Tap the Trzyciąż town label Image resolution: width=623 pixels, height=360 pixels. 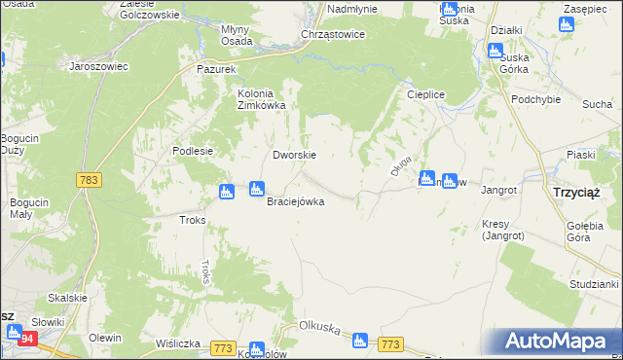pyautogui.click(x=575, y=193)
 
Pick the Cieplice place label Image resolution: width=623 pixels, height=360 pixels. pyautogui.click(x=424, y=95)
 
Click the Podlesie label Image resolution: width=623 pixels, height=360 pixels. pyautogui.click(x=192, y=151)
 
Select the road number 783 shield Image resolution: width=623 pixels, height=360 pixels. pyautogui.click(x=89, y=180)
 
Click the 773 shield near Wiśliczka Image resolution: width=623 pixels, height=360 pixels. pyautogui.click(x=223, y=347)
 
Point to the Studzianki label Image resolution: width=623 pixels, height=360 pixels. pyautogui.click(x=596, y=284)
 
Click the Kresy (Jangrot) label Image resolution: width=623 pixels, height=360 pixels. pyautogui.click(x=502, y=230)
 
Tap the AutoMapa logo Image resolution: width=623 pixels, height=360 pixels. pyautogui.click(x=561, y=342)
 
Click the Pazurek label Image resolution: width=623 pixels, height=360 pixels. pyautogui.click(x=216, y=71)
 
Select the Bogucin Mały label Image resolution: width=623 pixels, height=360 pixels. pyautogui.click(x=23, y=208)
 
